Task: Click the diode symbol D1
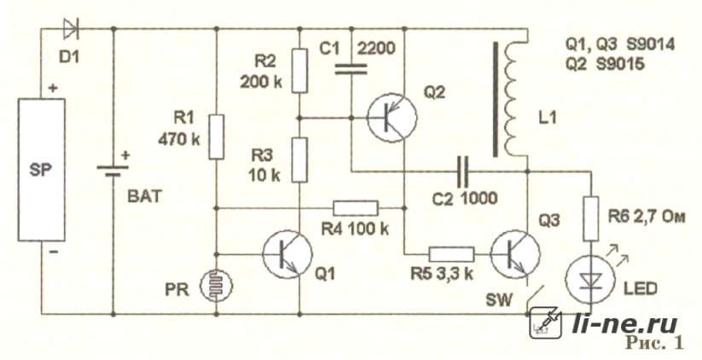pyautogui.click(x=70, y=29)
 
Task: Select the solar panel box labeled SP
pyautogui.click(x=41, y=170)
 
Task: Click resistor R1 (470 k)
pyautogui.click(x=217, y=137)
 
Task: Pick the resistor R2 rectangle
pyautogui.click(x=300, y=71)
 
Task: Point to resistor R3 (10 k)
pyautogui.click(x=300, y=160)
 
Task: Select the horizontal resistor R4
pyautogui.click(x=356, y=208)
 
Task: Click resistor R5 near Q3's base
pyautogui.click(x=451, y=254)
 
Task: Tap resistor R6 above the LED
pyautogui.click(x=591, y=218)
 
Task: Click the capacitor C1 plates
pyautogui.click(x=351, y=69)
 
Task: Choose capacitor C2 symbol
pyautogui.click(x=462, y=171)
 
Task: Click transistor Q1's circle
pyautogui.click(x=287, y=254)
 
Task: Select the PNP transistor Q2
pyautogui.click(x=392, y=118)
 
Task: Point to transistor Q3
pyautogui.click(x=515, y=254)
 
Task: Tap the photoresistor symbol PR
pyautogui.click(x=217, y=285)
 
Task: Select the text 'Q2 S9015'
pyautogui.click(x=606, y=64)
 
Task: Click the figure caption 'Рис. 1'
pyautogui.click(x=655, y=343)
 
